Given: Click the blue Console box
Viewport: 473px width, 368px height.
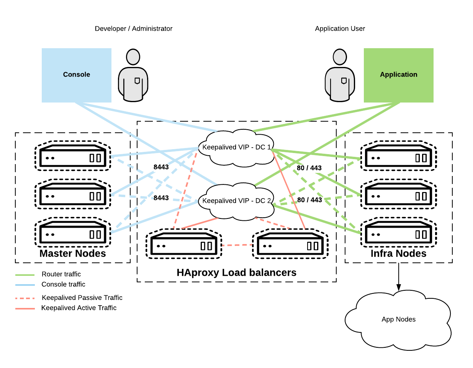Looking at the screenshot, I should click(76, 75).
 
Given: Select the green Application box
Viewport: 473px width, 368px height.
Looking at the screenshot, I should click(398, 75).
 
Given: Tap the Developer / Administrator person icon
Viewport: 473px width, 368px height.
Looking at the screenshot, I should click(133, 75).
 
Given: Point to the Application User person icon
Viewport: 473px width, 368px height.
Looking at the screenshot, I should click(340, 75).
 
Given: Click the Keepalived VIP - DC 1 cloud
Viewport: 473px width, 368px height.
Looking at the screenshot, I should click(236, 148).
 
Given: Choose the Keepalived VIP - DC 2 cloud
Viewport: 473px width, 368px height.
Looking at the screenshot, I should click(236, 201).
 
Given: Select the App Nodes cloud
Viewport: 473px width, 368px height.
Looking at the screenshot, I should click(398, 320).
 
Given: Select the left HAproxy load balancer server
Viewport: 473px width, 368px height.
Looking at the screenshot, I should click(184, 244).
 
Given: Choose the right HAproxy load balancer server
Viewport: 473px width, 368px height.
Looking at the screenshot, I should click(290, 244).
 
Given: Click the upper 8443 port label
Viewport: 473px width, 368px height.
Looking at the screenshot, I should click(161, 167).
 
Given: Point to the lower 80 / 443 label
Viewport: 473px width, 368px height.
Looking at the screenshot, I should click(309, 200).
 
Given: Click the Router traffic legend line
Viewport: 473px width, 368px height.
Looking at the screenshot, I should click(25, 275).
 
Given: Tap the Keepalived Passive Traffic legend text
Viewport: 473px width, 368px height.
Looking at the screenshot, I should click(82, 298).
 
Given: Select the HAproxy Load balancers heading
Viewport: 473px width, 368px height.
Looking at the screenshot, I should click(236, 273).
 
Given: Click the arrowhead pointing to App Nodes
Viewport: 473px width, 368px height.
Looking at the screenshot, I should click(399, 287).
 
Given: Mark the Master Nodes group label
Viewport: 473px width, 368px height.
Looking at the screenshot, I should click(73, 254).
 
